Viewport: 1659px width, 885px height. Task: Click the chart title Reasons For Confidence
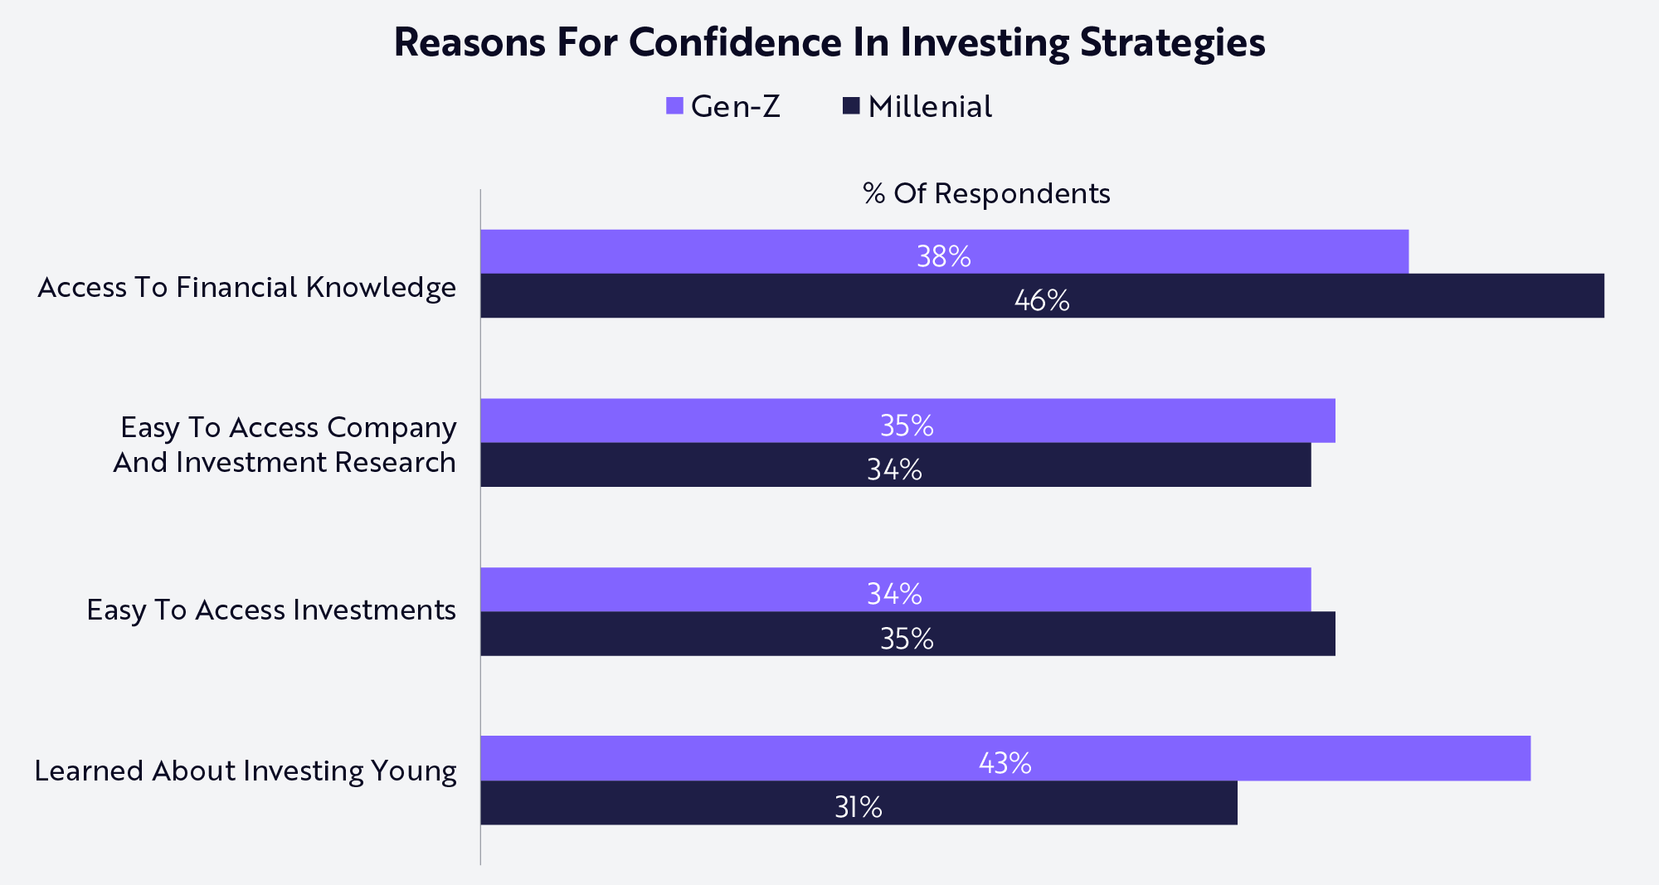829,43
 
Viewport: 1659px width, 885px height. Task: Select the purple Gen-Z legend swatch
674,106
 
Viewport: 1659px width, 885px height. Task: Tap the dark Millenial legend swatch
851,106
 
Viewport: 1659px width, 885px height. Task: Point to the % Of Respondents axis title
986,193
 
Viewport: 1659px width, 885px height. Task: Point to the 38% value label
943,256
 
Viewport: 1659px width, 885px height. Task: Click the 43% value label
1005,763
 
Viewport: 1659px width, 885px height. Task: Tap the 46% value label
1042,300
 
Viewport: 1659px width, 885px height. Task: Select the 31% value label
858,807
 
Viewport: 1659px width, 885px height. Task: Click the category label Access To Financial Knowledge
246,287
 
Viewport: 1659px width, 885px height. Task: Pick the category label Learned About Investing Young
245,771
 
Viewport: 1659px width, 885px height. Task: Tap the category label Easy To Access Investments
271,610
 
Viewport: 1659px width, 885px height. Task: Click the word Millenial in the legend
930,107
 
